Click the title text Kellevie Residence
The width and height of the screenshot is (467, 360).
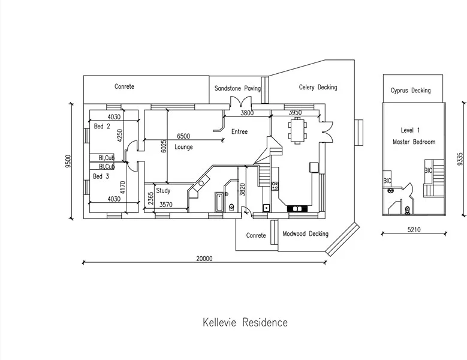[x=245, y=323]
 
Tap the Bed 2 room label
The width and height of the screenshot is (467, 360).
[x=101, y=127]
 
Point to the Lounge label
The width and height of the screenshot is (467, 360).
[x=183, y=147]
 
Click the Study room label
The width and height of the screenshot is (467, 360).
[x=163, y=191]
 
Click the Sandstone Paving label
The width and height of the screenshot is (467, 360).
[x=238, y=88]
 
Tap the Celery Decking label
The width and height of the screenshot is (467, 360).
[x=318, y=87]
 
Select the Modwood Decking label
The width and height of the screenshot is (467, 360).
[x=305, y=235]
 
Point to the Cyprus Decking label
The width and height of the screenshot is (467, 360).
[x=411, y=91]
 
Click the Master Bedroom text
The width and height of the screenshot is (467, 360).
[x=414, y=142]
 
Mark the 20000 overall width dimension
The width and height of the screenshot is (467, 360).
[x=204, y=259]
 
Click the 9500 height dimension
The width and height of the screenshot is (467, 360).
[x=68, y=162]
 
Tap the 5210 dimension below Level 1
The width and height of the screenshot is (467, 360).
[x=414, y=229]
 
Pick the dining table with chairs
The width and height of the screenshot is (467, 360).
[x=298, y=131]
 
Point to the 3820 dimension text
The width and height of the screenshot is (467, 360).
[x=242, y=191]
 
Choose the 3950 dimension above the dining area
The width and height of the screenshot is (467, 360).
[x=295, y=112]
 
